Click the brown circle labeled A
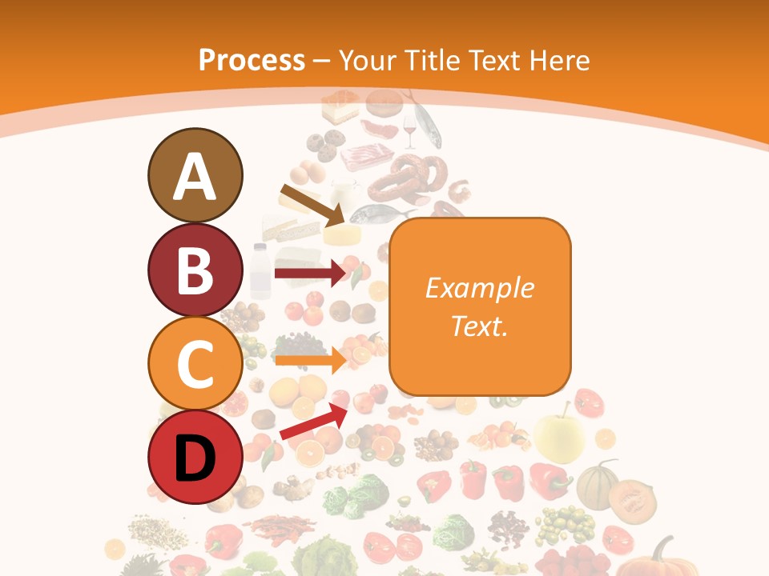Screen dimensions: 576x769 click(195, 175)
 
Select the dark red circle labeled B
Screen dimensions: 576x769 click(195, 270)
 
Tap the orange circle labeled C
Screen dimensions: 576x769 click(195, 363)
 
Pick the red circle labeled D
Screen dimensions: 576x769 click(195, 458)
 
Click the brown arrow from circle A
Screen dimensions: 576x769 click(312, 205)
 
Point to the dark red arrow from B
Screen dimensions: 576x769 click(309, 274)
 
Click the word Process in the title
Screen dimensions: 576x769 click(252, 60)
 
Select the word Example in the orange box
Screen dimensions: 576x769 click(479, 288)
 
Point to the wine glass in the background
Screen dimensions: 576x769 click(410, 131)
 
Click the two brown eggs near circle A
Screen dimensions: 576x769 click(307, 172)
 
